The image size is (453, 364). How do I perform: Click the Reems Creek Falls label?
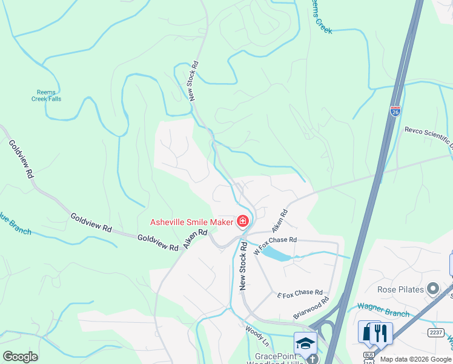[47, 95]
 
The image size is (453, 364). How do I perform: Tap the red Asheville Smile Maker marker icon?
[243, 221]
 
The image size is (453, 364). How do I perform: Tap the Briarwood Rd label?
[311, 307]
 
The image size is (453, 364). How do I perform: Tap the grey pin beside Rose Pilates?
[432, 289]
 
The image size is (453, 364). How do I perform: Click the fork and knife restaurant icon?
[381, 332]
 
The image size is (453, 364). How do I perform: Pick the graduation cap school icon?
[305, 341]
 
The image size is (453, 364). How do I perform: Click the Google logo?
[20, 356]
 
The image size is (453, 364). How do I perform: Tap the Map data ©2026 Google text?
[415, 359]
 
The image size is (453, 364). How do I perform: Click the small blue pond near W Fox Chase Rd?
[278, 254]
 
